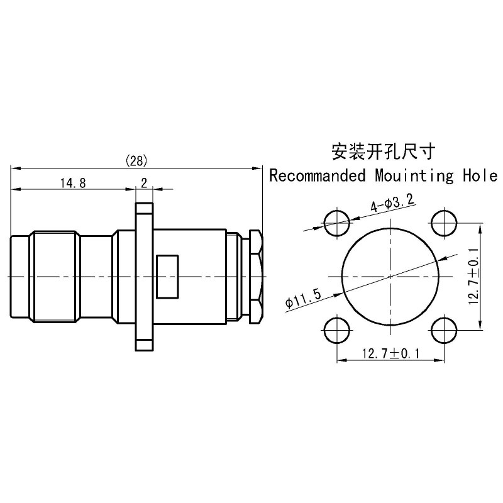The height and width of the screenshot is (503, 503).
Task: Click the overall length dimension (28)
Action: coord(136,160)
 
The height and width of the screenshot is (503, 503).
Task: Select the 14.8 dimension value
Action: coord(73,183)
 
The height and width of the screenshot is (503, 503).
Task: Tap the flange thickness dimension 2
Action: coord(144,183)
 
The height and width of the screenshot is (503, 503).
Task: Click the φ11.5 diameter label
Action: coord(303,298)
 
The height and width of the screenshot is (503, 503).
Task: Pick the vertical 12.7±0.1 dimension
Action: coord(473,277)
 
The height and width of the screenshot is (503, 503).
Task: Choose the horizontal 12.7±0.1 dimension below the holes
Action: coord(390,353)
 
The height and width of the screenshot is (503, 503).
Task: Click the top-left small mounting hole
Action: coord(337,223)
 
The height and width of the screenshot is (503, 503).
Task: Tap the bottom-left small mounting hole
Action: coord(337,330)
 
